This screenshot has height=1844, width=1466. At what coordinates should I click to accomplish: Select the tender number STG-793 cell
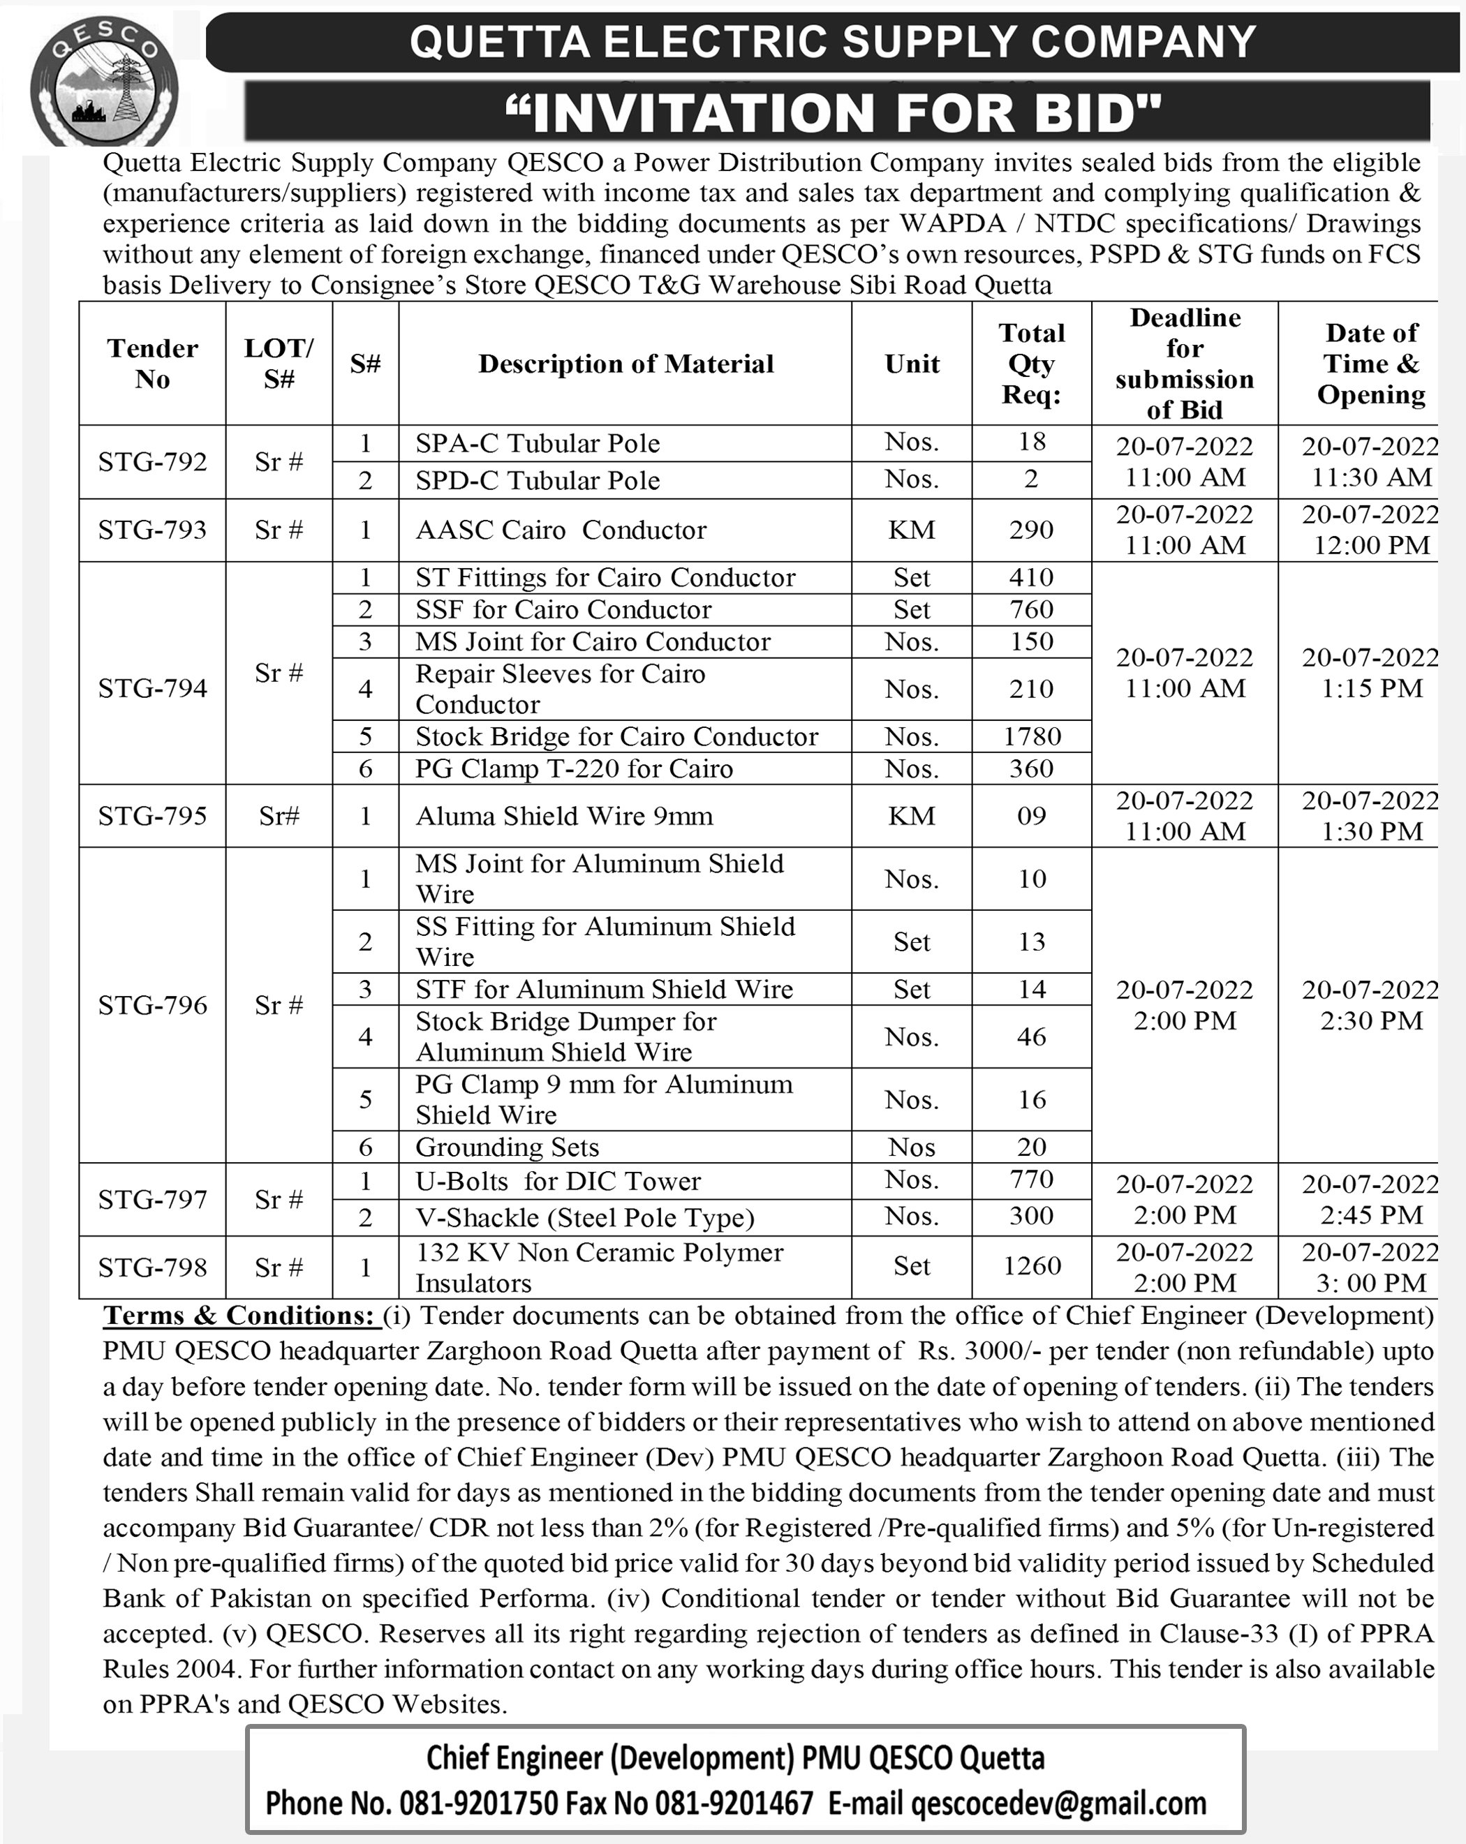tap(152, 530)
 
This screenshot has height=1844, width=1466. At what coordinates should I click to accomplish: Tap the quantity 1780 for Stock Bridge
tap(1032, 736)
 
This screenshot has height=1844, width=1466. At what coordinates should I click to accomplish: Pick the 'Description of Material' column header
tap(625, 364)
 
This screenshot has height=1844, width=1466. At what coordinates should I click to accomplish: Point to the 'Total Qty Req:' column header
tap(1032, 364)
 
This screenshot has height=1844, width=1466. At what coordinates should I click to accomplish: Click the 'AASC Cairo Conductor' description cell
tap(561, 530)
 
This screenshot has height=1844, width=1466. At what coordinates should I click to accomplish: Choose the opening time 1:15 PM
tap(1371, 688)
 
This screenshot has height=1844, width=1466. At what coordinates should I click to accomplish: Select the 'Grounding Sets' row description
tap(508, 1147)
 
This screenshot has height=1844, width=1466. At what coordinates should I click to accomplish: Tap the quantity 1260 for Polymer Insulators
tap(1032, 1266)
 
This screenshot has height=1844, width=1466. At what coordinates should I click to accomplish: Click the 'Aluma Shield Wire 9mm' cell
tap(565, 816)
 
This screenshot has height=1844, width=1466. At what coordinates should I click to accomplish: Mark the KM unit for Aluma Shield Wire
tap(912, 816)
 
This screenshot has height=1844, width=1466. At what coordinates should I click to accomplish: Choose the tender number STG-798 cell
tap(152, 1267)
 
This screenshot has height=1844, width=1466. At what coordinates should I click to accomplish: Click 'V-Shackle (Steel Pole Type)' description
tap(585, 1217)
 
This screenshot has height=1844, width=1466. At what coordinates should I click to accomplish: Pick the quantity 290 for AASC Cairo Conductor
tap(1032, 530)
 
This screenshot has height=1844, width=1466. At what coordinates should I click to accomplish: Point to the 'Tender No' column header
tap(152, 364)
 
